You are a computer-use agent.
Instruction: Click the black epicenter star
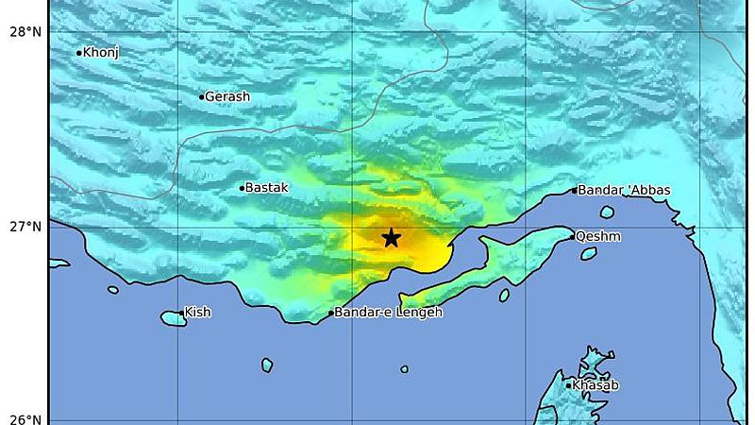(391, 238)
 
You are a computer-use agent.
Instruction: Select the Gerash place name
(228, 97)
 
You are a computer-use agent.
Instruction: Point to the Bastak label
(267, 188)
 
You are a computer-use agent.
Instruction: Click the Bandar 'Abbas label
(624, 190)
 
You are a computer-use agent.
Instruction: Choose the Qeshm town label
(598, 236)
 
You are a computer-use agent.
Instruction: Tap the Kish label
(198, 312)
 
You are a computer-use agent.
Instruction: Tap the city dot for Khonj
(79, 53)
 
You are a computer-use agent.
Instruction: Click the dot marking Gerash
(202, 96)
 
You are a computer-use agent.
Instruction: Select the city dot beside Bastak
(242, 188)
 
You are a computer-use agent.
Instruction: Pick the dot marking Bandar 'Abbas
(574, 190)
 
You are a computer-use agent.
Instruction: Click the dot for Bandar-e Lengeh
(331, 314)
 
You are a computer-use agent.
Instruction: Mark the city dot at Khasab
(569, 384)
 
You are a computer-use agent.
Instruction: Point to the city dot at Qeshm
(572, 236)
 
